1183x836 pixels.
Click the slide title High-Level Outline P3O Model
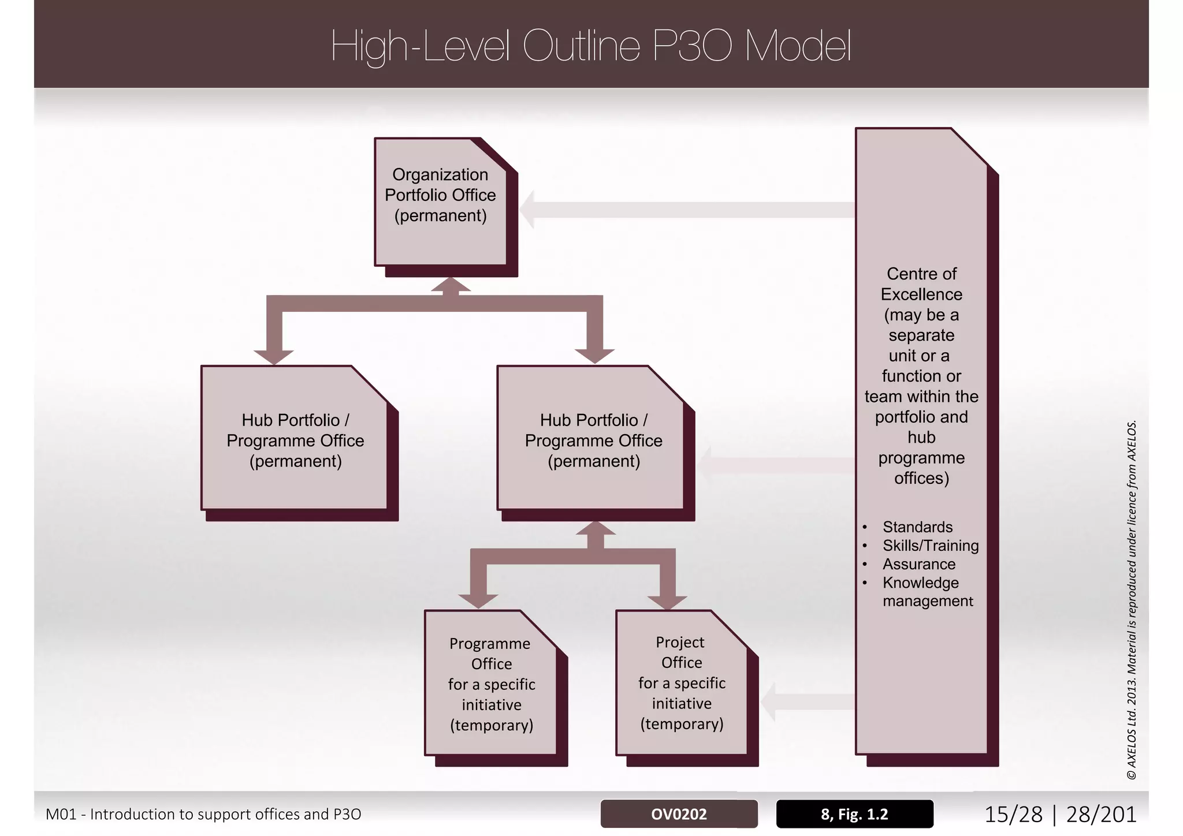point(591,46)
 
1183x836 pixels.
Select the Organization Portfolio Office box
point(440,202)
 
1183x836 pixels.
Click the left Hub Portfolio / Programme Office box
point(295,440)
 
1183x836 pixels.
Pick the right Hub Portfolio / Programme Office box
point(593,440)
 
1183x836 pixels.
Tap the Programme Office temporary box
point(491,684)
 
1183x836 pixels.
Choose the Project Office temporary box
point(682,683)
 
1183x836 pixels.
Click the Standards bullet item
point(917,527)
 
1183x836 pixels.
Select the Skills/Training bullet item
point(930,546)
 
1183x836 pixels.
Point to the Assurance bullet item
point(918,564)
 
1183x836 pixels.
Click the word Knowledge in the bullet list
point(920,583)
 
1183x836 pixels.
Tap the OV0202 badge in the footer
point(679,814)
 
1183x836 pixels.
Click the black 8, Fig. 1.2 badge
point(854,814)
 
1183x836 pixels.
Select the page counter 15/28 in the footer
point(1013,814)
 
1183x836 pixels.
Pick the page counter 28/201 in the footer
point(1101,814)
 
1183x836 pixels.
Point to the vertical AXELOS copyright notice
point(1132,600)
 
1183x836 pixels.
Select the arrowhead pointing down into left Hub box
point(274,356)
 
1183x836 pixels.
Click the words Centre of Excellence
point(921,284)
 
